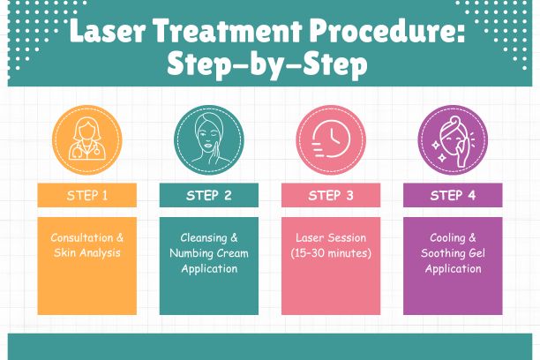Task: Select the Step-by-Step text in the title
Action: point(269,67)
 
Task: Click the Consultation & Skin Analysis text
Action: point(86,245)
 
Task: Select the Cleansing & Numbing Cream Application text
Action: point(208,252)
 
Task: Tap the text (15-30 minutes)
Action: point(330,253)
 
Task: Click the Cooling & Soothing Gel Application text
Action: point(452,252)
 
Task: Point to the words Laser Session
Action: point(330,237)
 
